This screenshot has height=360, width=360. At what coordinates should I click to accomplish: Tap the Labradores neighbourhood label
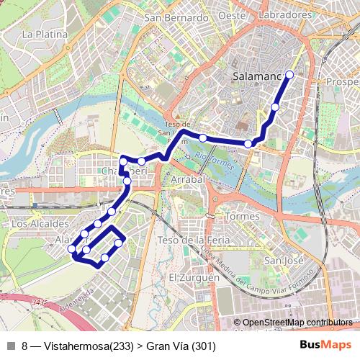288,14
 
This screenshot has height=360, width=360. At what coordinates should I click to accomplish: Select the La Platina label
45,34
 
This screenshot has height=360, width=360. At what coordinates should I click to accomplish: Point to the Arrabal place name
189,179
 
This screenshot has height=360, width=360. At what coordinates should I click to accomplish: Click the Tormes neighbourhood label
242,216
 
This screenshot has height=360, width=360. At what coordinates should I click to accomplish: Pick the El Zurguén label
194,277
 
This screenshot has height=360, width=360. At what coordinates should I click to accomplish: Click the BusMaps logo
326,345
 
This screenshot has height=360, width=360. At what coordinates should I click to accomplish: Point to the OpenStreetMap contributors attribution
297,323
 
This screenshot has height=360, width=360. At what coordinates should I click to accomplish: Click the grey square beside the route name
11,346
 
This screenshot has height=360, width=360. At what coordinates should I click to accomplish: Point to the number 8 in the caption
25,346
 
